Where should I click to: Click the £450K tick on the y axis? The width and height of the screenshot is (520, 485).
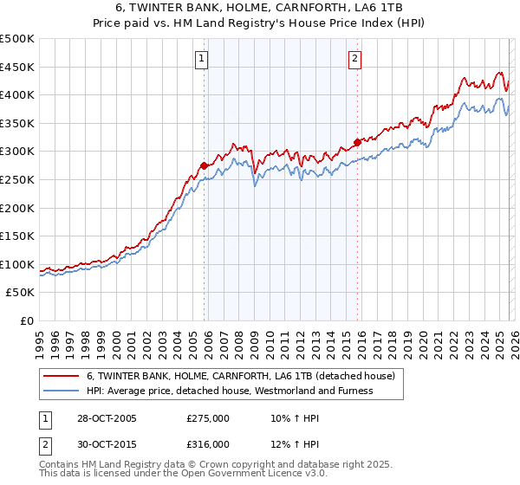coord(17,67)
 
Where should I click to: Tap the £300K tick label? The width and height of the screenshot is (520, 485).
coord(17,152)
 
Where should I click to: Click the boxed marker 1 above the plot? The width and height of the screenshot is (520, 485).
coord(202,59)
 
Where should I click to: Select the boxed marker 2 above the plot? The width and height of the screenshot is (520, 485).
coord(355,59)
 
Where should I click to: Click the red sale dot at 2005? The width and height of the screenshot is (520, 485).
coord(205,165)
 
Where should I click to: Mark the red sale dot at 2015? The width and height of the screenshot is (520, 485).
coord(357,143)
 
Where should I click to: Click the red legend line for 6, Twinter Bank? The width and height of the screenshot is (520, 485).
coord(61,376)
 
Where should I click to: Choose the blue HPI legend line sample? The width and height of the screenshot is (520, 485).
coord(61,391)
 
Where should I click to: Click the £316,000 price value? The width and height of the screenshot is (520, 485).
coord(208,444)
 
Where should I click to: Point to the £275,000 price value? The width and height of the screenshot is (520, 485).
coord(208,418)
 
